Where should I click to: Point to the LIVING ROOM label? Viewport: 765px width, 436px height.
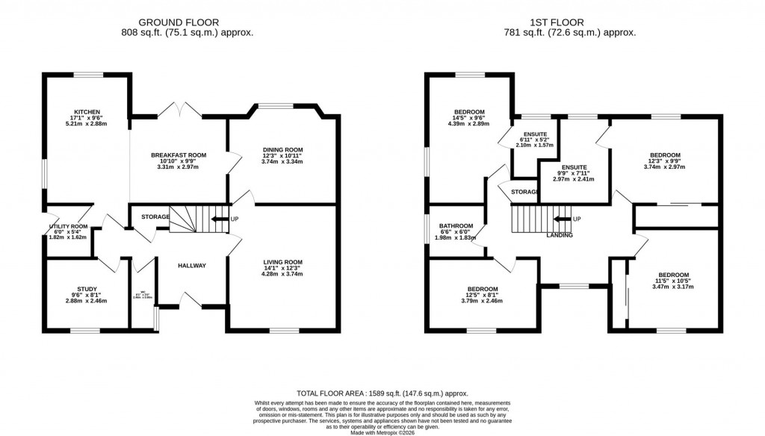(282, 262)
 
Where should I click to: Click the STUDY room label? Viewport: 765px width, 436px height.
(87, 289)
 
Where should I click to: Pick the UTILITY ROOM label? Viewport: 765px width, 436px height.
(69, 226)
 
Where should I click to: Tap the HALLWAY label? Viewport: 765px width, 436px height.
(191, 266)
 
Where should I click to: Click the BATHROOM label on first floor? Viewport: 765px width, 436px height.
(456, 226)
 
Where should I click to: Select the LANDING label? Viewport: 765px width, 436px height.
(560, 235)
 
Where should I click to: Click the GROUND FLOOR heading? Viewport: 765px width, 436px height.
(187, 22)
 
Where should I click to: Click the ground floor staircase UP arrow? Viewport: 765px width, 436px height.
(221, 219)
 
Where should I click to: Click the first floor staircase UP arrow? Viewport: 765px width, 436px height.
(565, 219)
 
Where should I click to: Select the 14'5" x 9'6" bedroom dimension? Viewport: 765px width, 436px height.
(469, 117)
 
